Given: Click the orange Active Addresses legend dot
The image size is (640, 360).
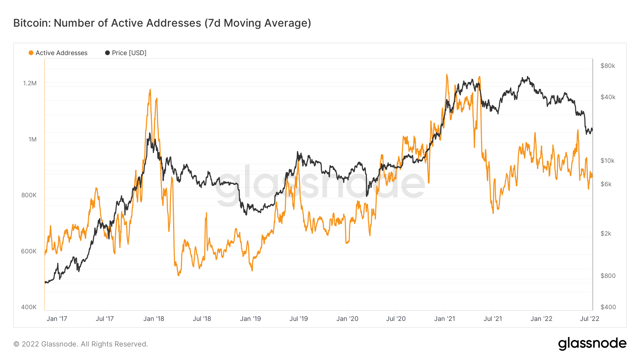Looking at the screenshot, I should (x=31, y=53).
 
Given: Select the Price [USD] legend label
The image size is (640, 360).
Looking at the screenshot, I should (x=129, y=53).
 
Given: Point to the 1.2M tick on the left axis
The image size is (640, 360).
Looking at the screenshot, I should (x=30, y=83).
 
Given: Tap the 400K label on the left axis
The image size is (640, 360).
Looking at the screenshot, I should (x=29, y=307).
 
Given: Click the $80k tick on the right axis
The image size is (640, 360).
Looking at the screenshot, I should (x=608, y=66).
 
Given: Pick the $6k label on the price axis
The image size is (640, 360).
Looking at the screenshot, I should (x=606, y=184).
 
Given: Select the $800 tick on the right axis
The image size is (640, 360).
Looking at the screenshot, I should (x=608, y=276).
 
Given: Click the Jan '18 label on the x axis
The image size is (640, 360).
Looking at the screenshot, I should (x=154, y=319).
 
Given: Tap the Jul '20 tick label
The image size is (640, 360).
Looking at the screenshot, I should (x=396, y=319).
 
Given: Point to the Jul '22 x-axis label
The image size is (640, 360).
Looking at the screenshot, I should (x=590, y=319).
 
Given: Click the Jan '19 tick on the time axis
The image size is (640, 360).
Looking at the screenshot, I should (x=250, y=319).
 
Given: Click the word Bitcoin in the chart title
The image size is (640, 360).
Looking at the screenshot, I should (x=31, y=23).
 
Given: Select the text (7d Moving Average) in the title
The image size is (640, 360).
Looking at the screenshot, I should (x=258, y=23).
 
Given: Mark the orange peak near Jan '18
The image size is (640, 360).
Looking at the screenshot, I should (x=150, y=90).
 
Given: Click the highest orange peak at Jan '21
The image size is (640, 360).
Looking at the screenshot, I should (x=447, y=75).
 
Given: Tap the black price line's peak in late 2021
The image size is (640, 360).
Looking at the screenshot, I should (x=528, y=77).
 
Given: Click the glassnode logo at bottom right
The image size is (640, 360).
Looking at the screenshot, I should (x=592, y=344).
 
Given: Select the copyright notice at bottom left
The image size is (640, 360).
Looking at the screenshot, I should (x=81, y=344).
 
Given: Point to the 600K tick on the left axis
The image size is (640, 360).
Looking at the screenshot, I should (x=29, y=251).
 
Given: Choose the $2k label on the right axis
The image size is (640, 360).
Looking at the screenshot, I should (x=606, y=233).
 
